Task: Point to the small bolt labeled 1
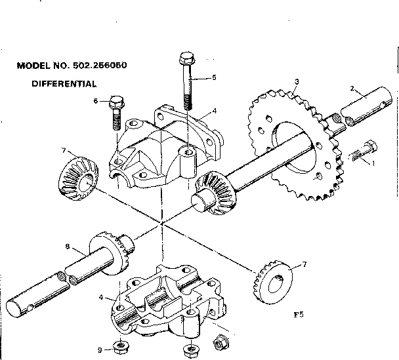click(x=362, y=152)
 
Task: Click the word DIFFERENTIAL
click(x=64, y=84)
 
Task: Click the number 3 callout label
click(x=297, y=81)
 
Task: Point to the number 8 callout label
click(x=67, y=247)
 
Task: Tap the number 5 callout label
click(x=213, y=77)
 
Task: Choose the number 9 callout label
click(x=99, y=350)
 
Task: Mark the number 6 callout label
click(x=96, y=101)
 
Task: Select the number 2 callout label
click(x=352, y=88)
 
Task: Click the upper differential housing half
click(x=164, y=151)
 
